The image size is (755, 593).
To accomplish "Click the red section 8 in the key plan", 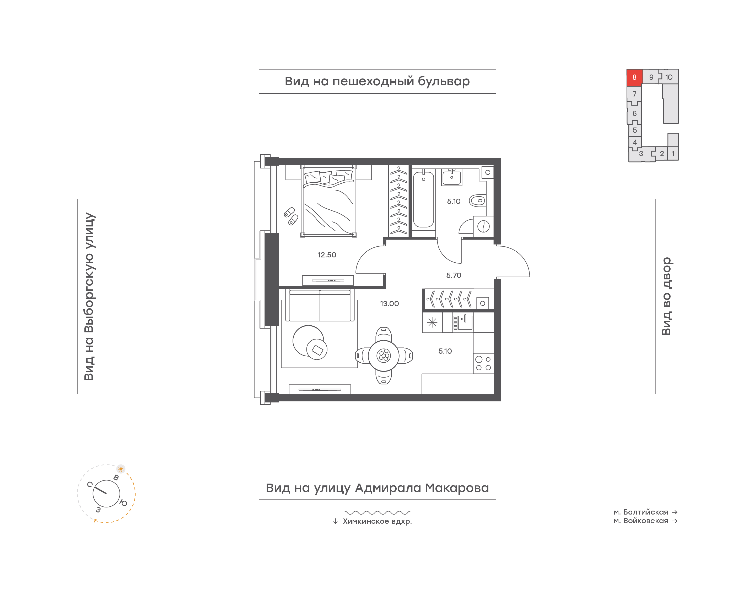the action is [634, 77].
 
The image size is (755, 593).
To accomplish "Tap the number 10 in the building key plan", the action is [669, 77].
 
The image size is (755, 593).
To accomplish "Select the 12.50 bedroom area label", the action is [327, 255].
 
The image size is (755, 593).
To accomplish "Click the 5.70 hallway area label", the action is [454, 275].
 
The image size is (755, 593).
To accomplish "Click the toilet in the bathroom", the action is [478, 200].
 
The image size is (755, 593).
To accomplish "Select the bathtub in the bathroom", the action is [423, 200].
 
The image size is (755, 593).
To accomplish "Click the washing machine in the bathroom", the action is [483, 226].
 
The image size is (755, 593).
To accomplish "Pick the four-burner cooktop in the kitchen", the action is [483, 363].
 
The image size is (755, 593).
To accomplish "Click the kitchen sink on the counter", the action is [463, 322].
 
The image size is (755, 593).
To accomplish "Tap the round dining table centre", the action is [384, 356].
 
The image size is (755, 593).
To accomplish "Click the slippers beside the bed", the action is [291, 216].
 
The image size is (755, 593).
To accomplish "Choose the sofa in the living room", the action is [320, 305].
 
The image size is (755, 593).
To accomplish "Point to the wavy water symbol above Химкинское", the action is [377, 512].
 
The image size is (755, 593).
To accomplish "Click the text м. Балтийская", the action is [640, 512].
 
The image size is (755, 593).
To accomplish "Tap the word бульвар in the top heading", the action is [444, 81].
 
